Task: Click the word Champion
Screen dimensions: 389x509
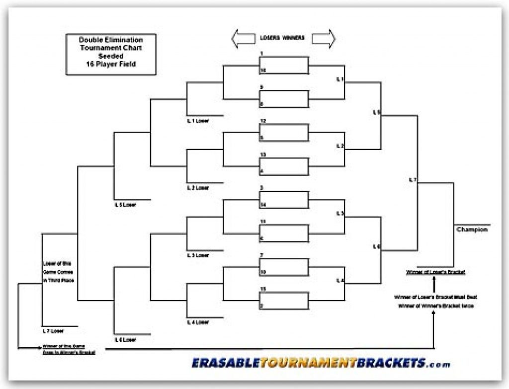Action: point(472,230)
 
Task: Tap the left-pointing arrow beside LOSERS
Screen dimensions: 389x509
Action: point(244,38)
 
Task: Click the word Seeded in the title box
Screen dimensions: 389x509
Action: point(111,56)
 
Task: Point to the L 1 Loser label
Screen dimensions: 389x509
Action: point(197,121)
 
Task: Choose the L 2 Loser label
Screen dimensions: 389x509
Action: point(197,188)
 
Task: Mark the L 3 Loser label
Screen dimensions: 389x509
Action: point(197,255)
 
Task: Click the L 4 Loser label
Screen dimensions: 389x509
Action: point(197,322)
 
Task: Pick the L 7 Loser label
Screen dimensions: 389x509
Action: point(53,330)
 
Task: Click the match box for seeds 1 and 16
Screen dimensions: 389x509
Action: point(283,65)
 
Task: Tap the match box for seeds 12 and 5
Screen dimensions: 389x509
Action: point(283,132)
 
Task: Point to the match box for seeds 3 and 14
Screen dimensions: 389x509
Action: point(283,200)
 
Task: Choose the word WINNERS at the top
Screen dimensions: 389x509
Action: point(293,38)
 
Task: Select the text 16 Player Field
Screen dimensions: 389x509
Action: point(111,64)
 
